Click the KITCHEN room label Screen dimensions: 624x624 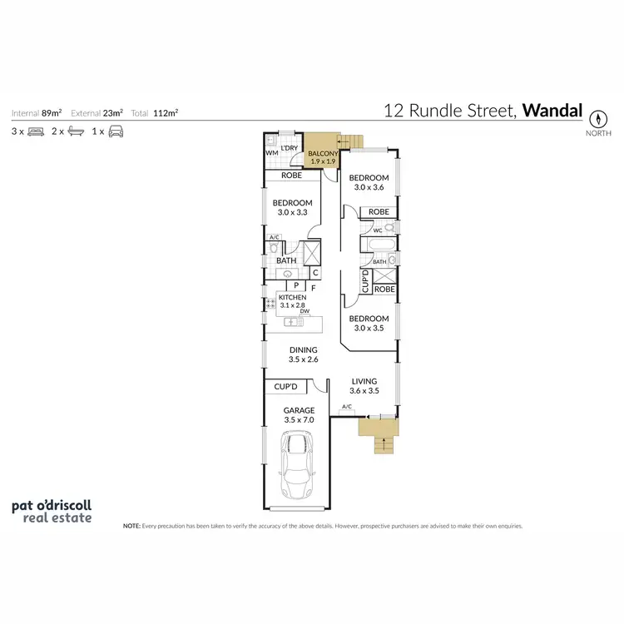[292, 298]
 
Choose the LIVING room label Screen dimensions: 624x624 [364, 381]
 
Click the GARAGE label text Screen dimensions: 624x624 [299, 410]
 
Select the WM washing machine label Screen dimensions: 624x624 [270, 153]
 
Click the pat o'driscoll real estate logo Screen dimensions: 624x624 [52, 510]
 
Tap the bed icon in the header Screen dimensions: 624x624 [36, 131]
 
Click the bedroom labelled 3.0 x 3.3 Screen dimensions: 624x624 [292, 207]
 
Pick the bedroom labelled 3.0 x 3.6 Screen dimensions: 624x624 [368, 183]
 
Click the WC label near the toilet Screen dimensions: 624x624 [377, 230]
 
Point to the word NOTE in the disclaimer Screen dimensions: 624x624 [131, 527]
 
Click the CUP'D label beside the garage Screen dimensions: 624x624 [285, 387]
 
